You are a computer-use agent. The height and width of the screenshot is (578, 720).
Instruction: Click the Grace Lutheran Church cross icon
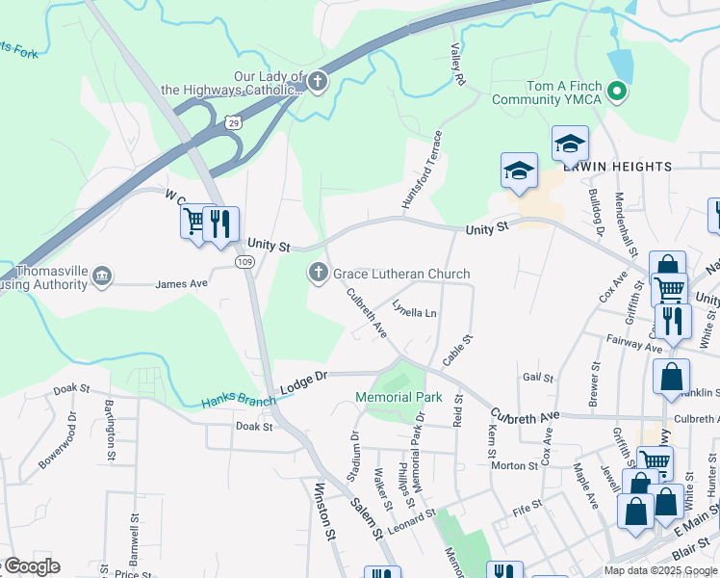319,274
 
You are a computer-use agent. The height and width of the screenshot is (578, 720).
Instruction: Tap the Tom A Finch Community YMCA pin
621,92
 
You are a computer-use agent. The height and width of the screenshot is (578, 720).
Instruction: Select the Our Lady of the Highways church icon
319,83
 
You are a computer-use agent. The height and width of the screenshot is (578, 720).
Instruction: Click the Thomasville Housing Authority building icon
101,278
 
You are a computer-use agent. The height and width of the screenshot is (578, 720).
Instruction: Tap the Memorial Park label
399,397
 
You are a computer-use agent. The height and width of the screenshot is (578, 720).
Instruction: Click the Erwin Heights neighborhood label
629,167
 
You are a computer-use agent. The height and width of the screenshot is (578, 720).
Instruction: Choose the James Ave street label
182,284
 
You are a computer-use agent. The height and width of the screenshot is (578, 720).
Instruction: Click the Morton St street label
514,466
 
